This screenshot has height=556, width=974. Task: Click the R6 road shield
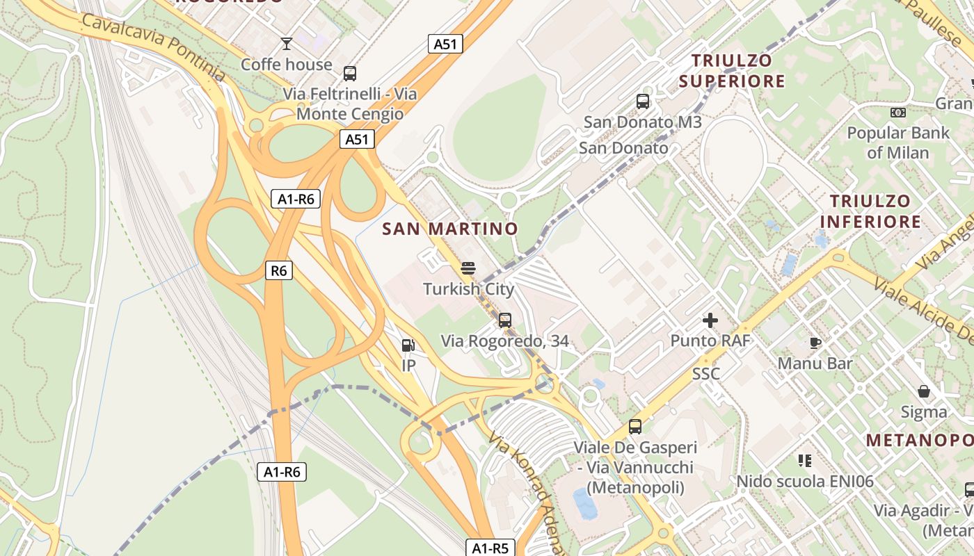[x=278, y=270]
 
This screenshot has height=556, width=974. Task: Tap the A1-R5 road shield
[x=490, y=548]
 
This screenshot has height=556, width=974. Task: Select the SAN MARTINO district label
[x=450, y=229]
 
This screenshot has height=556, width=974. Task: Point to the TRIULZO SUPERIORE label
[x=732, y=71]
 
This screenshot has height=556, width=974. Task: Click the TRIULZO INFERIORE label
[x=870, y=211]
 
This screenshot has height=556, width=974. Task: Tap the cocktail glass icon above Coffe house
[x=286, y=44]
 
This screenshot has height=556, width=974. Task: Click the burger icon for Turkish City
[x=468, y=268]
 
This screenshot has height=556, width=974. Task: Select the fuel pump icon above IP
[x=408, y=345]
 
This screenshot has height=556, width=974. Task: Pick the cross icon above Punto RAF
[x=710, y=320]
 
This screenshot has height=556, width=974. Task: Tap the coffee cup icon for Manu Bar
[x=815, y=343]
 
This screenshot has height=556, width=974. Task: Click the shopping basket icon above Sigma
[x=923, y=391]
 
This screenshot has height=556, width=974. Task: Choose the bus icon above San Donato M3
[x=643, y=101]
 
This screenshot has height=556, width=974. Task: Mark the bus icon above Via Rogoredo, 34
[x=505, y=320]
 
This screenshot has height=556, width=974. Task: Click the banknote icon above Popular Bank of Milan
[x=897, y=113]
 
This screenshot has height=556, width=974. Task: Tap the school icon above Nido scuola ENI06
[x=805, y=460]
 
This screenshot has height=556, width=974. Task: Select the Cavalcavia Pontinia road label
[x=153, y=46]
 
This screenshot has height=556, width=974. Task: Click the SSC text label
[x=705, y=374]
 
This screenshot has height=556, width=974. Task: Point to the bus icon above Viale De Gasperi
[x=634, y=427]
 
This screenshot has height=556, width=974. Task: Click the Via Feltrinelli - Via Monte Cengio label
[x=349, y=104]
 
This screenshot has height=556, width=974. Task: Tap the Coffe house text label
[x=287, y=65]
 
